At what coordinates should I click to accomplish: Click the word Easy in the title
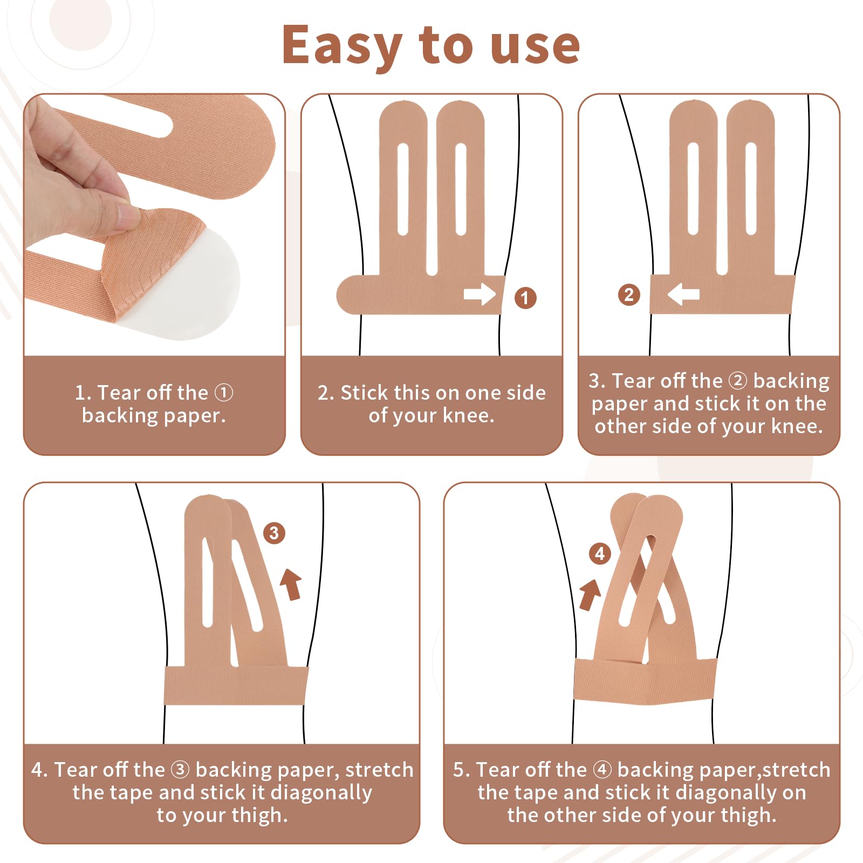(342, 46)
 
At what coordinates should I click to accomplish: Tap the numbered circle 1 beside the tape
(525, 298)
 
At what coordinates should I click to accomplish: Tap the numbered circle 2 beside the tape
(628, 295)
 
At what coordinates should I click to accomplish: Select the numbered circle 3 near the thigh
(274, 533)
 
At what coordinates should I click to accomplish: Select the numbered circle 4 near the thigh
(600, 553)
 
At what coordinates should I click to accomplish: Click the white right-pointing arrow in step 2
(480, 294)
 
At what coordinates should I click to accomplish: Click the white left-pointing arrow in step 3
(683, 294)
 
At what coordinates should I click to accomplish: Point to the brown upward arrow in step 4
(291, 584)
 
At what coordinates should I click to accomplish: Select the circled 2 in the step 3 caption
(738, 381)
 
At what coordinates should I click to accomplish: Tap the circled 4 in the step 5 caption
(602, 770)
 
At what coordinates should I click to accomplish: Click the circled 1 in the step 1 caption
(224, 393)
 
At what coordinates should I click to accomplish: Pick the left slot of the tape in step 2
(403, 189)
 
